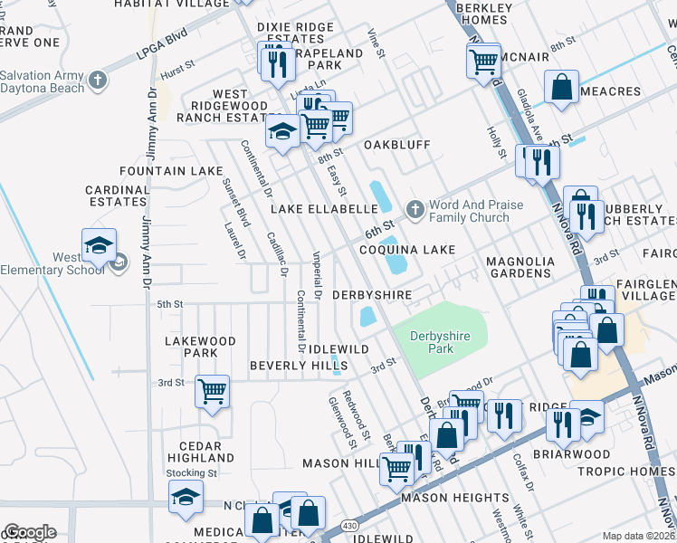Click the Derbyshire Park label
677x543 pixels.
tap(439, 342)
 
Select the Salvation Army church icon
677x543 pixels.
tap(99, 80)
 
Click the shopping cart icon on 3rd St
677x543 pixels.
tap(212, 392)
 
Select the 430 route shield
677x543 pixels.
tap(348, 526)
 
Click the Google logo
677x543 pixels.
tap(30, 532)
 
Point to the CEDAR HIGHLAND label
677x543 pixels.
tap(188, 452)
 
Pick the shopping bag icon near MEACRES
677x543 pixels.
tap(561, 87)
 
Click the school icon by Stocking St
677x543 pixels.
tap(186, 496)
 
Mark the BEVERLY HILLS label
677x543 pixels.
tap(286, 365)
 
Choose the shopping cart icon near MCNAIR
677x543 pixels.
tap(484, 61)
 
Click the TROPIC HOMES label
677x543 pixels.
tap(626, 472)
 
